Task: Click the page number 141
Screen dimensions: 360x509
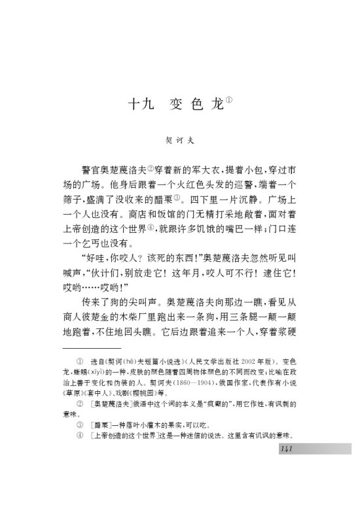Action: pyautogui.click(x=287, y=448)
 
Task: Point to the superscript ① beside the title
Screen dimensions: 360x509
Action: pyautogui.click(x=229, y=100)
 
